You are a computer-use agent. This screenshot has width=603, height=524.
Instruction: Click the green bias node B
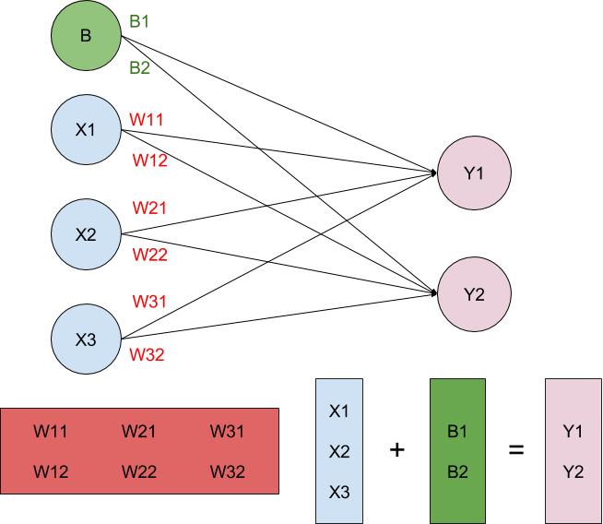click(x=86, y=37)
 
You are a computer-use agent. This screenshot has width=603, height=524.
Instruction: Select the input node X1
click(x=86, y=130)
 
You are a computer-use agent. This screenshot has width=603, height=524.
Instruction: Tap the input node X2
click(x=86, y=234)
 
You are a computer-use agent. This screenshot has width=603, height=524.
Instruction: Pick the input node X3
click(x=86, y=339)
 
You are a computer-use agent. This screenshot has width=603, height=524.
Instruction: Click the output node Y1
click(x=474, y=173)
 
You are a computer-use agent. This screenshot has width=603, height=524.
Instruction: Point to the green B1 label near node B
click(x=139, y=20)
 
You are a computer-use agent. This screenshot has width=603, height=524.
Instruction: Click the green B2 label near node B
click(x=139, y=67)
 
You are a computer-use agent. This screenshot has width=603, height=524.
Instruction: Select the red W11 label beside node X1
click(x=148, y=119)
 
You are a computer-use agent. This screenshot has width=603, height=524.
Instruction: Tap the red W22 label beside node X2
click(x=149, y=255)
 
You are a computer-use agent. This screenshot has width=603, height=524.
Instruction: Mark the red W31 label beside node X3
click(x=149, y=302)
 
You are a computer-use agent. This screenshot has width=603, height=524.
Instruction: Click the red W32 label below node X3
click(x=148, y=353)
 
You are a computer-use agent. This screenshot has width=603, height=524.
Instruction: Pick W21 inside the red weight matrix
click(x=138, y=431)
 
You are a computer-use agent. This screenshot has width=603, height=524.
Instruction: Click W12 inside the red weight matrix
click(x=51, y=471)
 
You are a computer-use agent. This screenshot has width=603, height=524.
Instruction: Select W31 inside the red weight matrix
click(x=227, y=431)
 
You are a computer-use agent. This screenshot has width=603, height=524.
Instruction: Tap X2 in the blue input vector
click(x=340, y=451)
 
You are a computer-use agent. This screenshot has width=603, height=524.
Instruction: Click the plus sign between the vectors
click(x=397, y=450)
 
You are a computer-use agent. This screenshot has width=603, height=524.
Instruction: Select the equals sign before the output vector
click(x=515, y=450)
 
